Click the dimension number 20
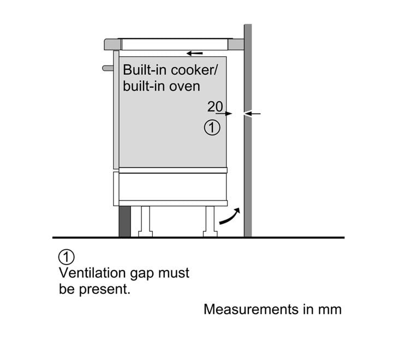tap(215, 107)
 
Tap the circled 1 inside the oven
tap(212, 128)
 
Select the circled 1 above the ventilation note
tap(67, 257)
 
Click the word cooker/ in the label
tap(194, 70)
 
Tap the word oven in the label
tap(184, 86)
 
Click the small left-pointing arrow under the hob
tap(195, 53)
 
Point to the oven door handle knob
tap(108, 68)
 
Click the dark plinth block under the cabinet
tap(125, 221)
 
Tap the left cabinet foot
tap(145, 221)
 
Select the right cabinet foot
tap(210, 221)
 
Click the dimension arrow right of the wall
tap(252, 114)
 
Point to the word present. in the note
tap(105, 290)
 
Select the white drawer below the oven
tap(172, 187)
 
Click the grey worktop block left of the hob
tap(112, 44)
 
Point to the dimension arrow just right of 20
tap(224, 114)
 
